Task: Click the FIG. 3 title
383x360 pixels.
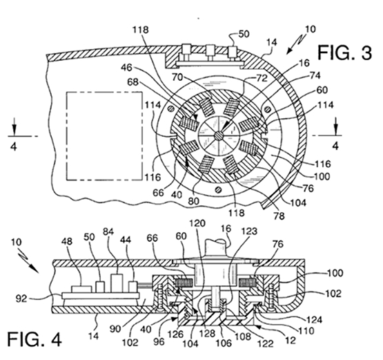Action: pos(344,53)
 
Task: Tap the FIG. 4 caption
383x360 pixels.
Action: pos(35,339)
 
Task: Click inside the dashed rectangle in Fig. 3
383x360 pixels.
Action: pos(104,136)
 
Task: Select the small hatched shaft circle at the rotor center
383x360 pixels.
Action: pos(218,135)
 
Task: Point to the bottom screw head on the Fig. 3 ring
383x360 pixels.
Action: pos(218,189)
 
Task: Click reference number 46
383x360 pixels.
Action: pos(126,68)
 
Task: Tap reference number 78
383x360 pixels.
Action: pos(279,216)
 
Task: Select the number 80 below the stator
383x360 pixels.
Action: pos(194,201)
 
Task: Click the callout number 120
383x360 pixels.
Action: pos(197,223)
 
